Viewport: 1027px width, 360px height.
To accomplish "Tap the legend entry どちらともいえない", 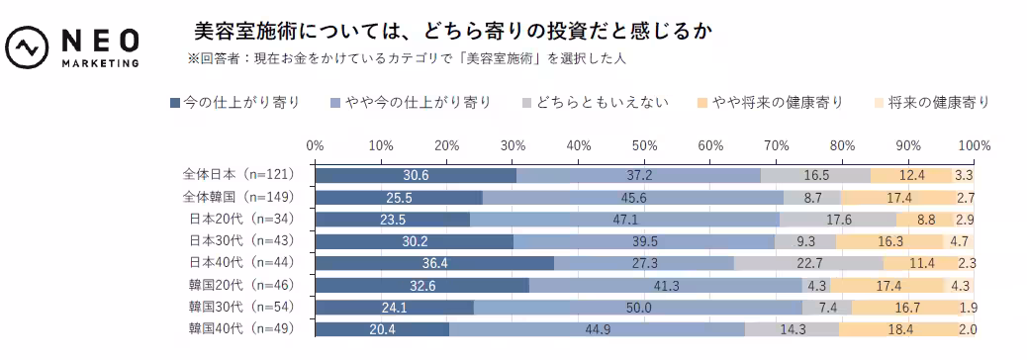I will (x=595, y=102).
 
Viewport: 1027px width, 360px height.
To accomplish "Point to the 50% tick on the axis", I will (x=644, y=145).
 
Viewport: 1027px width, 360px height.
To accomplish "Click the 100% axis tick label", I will (x=974, y=145).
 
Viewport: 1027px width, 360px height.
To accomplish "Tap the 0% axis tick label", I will (x=315, y=145).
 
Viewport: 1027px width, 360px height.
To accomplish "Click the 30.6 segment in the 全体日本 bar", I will (x=416, y=175).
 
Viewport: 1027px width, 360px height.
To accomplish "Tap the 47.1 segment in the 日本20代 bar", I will (x=624, y=220).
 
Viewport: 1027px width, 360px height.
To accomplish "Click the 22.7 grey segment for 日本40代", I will (x=809, y=263).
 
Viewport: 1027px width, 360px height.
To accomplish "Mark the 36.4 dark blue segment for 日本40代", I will (x=434, y=263).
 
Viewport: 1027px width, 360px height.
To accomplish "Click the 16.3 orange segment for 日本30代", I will (x=889, y=241).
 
